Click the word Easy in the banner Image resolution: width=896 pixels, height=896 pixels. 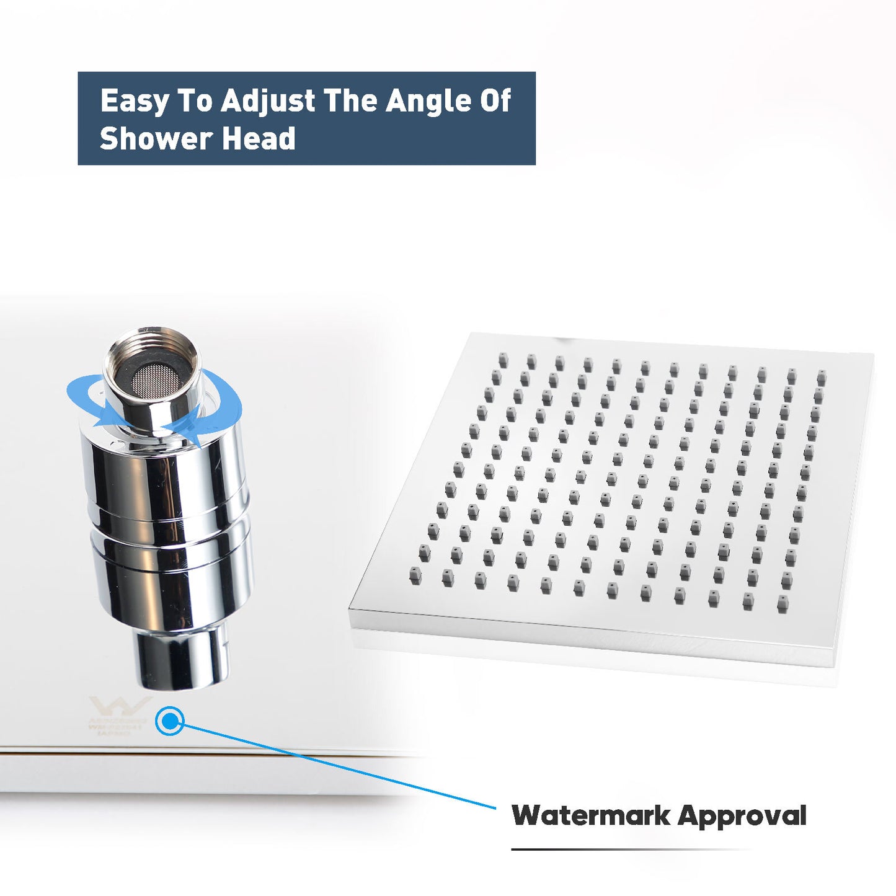[x=134, y=101]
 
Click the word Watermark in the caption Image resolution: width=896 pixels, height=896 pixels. [x=590, y=815]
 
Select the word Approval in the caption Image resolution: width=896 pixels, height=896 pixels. [x=742, y=816]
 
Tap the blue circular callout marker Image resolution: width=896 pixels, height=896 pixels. [x=169, y=721]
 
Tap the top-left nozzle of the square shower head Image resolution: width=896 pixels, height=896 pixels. [x=503, y=360]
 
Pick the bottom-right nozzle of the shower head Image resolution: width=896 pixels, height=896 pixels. [x=783, y=603]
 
